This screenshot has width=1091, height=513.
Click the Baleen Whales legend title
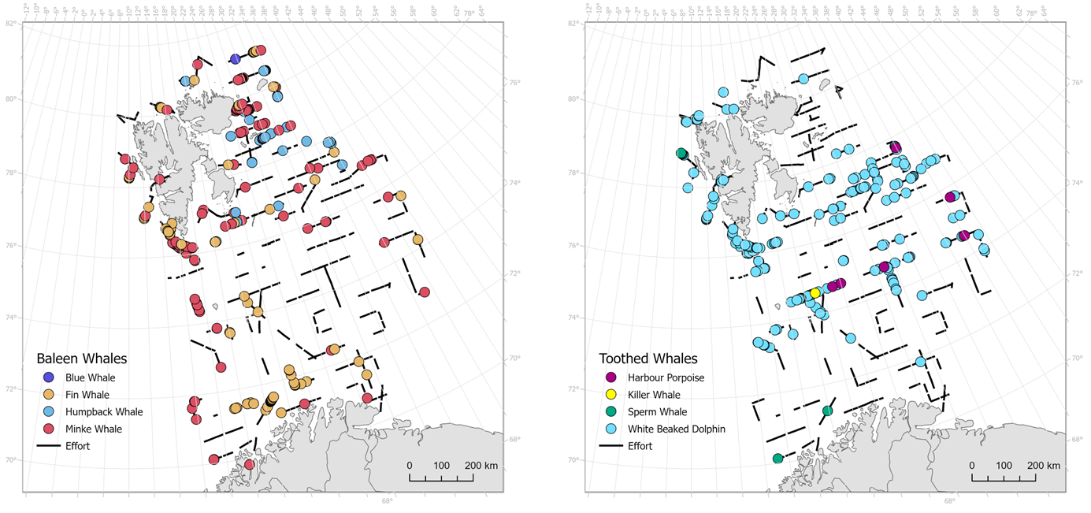point(82,359)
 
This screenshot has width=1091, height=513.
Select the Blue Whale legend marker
point(49,377)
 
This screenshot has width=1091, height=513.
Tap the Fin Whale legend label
point(87,395)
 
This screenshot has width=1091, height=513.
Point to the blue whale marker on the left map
point(236,59)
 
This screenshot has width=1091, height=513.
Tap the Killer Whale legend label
point(654,395)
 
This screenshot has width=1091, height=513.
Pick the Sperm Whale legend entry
point(658,411)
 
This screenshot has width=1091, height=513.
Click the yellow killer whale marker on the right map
point(815,292)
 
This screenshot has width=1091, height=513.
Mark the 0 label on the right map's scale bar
point(971,466)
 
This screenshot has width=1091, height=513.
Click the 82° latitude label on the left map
point(11,24)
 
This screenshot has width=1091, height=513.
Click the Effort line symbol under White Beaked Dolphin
point(611,446)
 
